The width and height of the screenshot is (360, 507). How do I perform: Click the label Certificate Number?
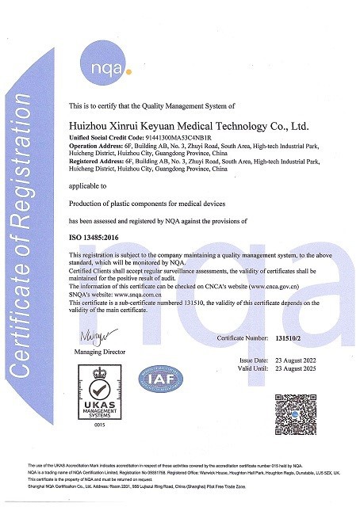coord(243,337)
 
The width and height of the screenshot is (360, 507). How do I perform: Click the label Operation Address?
coord(94,147)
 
